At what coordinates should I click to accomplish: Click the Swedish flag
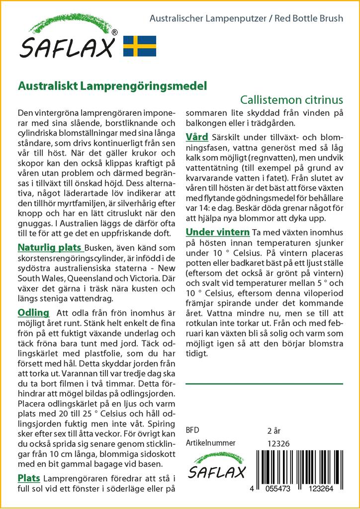coord(140,46)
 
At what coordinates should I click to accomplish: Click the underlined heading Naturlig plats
coord(50,248)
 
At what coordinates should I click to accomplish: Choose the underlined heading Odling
coord(33,313)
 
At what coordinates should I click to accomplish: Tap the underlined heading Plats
coord(29,478)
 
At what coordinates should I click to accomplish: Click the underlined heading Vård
coord(197,137)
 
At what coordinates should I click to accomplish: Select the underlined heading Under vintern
coord(217,232)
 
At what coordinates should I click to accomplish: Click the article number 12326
coord(278,443)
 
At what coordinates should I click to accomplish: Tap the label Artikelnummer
coord(210,443)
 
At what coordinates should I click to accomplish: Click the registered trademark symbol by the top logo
coord(114,33)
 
